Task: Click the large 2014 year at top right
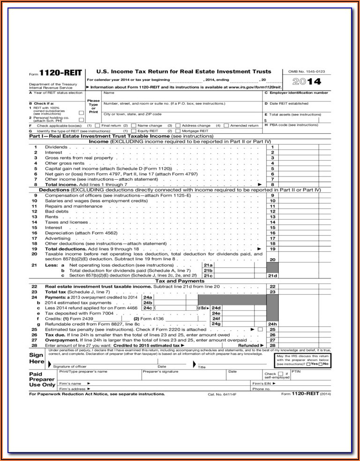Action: [x=306, y=82]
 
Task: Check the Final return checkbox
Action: [x=97, y=126]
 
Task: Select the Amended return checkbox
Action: [x=226, y=126]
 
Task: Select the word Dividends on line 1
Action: [x=56, y=147]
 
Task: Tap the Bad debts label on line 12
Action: [x=56, y=212]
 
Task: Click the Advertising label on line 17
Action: [x=57, y=238]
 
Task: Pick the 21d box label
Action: [x=272, y=276]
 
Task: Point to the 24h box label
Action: [x=272, y=324]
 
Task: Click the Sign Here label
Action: [x=37, y=359]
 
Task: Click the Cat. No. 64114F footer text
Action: [x=222, y=394]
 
